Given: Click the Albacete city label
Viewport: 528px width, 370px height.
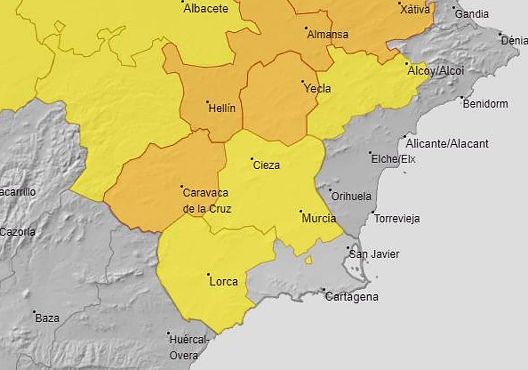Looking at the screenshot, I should pos(205,8).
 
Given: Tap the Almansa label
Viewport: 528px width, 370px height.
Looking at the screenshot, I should pos(328,34).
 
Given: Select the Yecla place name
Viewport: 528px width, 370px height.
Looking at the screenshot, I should pos(317,89).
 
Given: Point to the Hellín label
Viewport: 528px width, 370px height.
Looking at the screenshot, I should pos(222,108).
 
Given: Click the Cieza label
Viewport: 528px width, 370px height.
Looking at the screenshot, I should pos(267,166).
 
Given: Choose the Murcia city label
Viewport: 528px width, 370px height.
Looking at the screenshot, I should pos(319,218).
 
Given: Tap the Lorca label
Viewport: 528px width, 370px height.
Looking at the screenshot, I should pos(224,281).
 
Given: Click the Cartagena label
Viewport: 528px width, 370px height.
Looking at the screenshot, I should pos(352,297).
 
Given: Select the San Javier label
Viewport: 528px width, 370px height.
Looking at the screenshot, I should pos(374,254).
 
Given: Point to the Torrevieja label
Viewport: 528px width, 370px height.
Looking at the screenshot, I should pos(397,218).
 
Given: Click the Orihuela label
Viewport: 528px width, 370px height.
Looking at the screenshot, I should pos(351,196).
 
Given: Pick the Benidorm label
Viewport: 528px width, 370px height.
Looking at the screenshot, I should pos(485,104).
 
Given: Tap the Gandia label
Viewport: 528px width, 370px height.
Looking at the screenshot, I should pos(472,14).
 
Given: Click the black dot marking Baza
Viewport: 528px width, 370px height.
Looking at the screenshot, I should pos(34,311).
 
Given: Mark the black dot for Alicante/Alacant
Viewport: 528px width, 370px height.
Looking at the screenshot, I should pos(405,137).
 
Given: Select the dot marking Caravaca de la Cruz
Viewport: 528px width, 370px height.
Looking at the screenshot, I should pos(182,186).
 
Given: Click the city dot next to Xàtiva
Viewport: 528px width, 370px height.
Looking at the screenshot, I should pos(400,3).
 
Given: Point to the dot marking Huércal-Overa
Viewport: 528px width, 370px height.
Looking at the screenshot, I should pos(169,333).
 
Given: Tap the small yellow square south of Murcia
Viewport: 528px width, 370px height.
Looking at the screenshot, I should pos(308,260).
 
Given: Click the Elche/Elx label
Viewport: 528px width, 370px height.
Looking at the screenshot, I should pos(393,159).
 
